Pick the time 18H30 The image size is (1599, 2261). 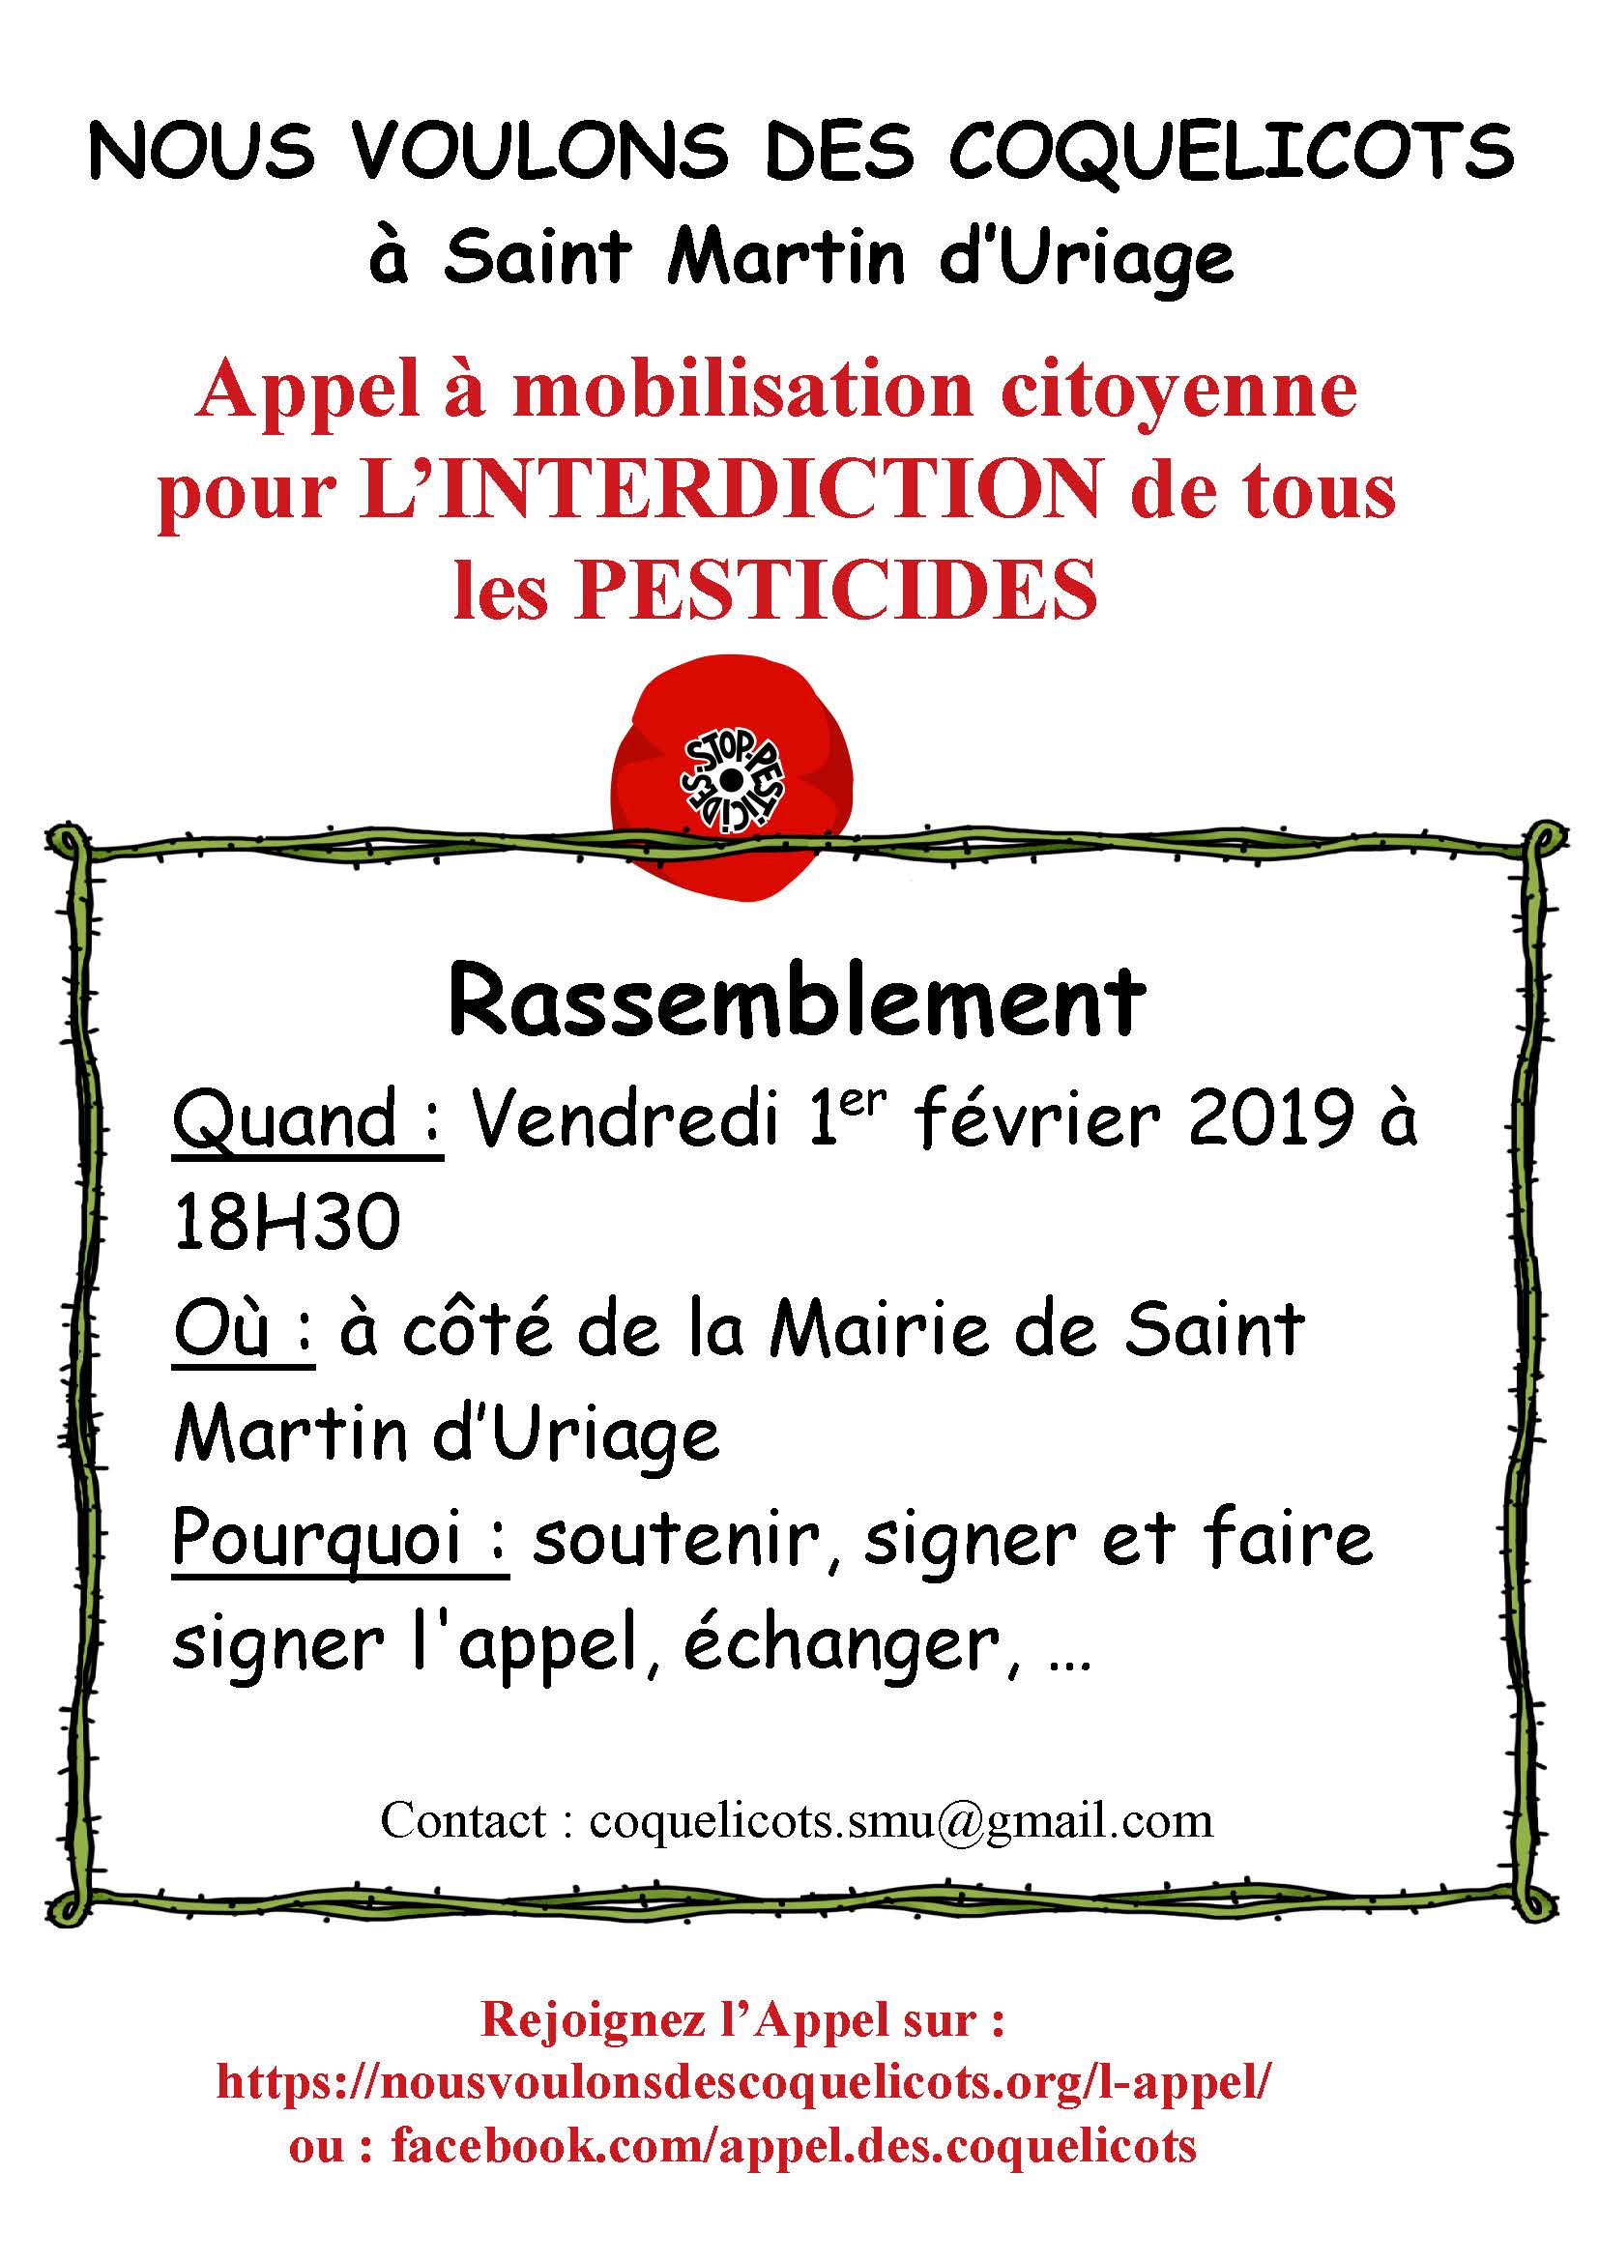tap(287, 1222)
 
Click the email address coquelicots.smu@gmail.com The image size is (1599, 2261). tap(901, 1822)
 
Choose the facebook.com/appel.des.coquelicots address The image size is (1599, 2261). tap(794, 2146)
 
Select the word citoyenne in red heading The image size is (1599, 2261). tap(1178, 391)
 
